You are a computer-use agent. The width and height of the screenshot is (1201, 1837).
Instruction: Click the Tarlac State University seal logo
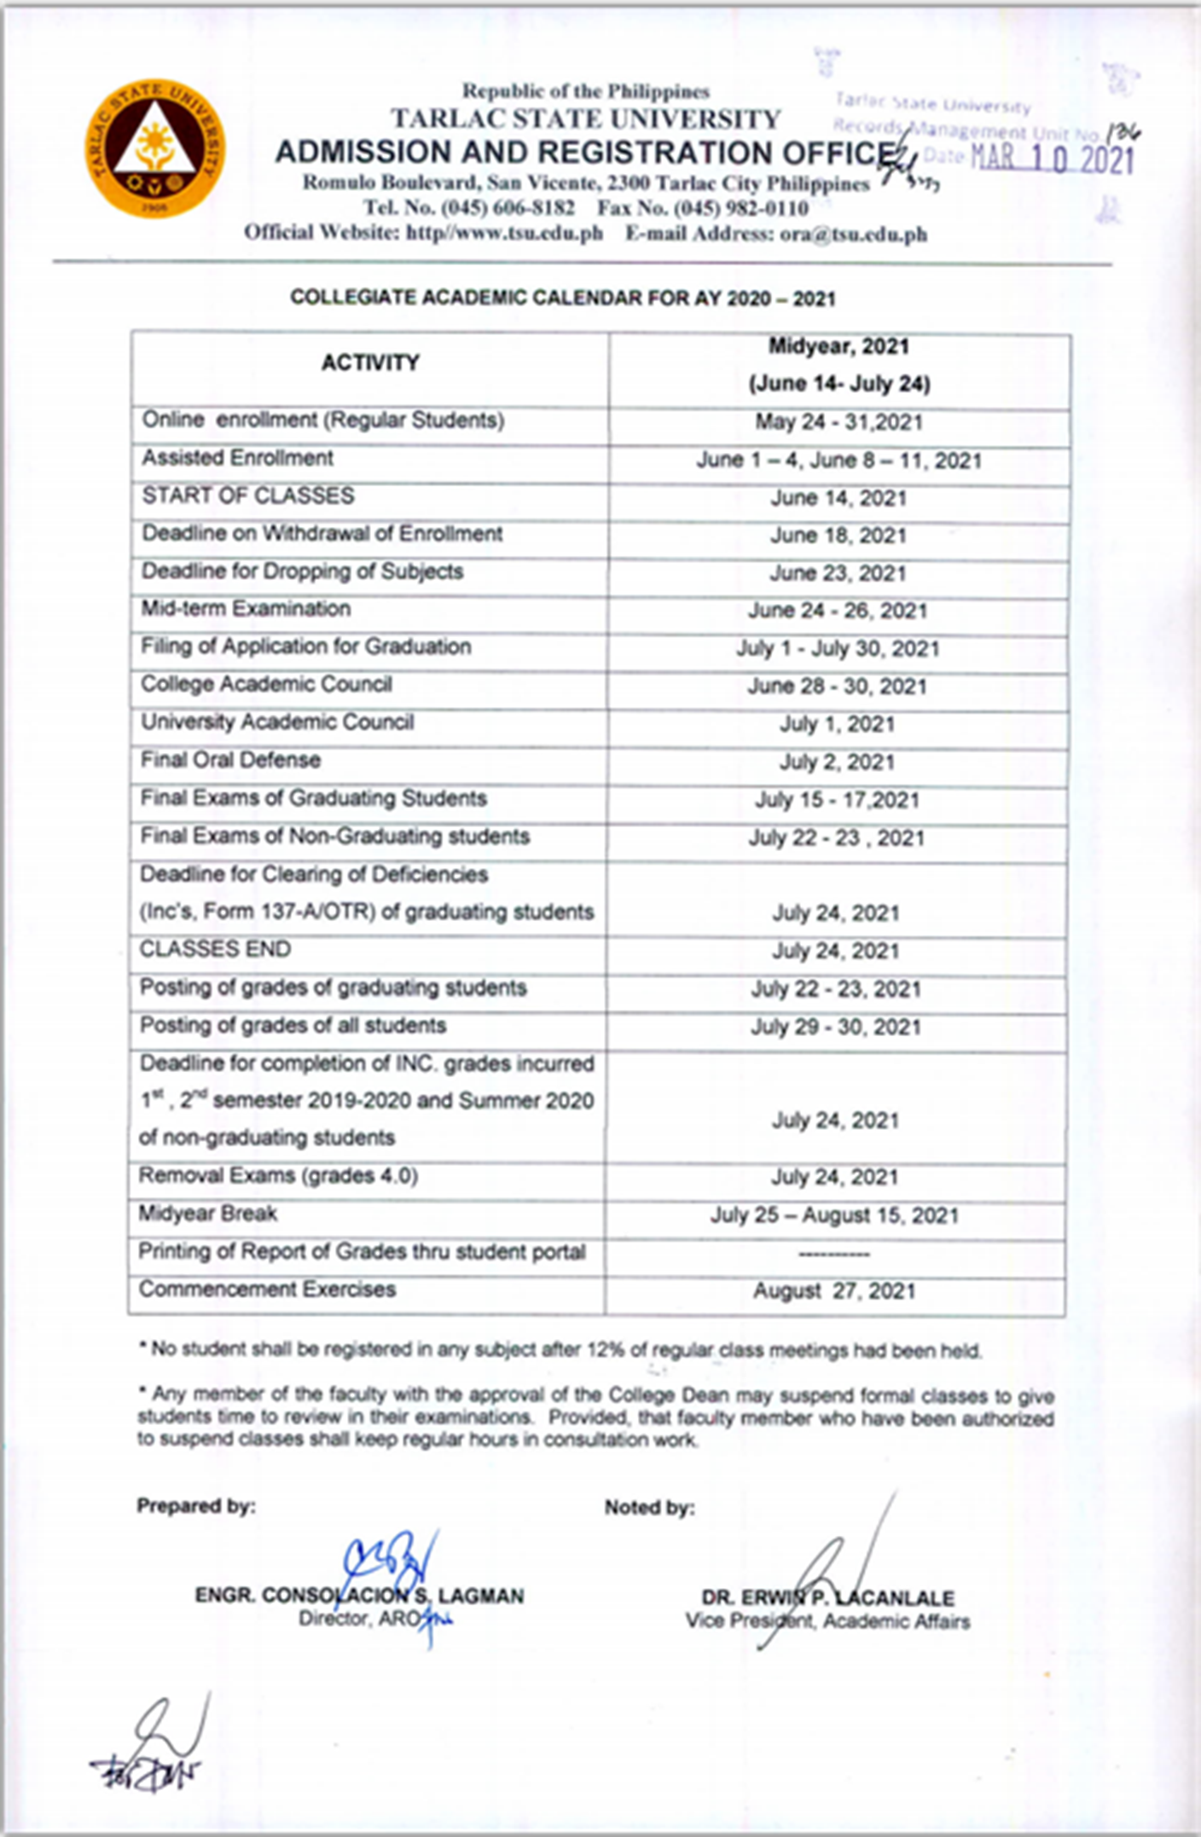(154, 148)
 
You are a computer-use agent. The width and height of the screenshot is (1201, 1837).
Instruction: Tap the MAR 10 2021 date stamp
(1053, 159)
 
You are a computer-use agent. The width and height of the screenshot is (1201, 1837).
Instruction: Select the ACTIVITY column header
(370, 363)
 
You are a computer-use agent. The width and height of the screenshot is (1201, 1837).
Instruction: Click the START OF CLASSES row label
(248, 496)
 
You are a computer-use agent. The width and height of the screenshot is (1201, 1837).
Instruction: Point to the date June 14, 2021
(838, 498)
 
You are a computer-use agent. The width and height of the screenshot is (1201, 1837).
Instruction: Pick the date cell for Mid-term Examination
(838, 611)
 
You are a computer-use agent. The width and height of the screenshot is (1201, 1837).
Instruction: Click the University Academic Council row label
(277, 722)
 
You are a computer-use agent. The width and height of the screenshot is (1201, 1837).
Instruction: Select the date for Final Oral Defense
(837, 762)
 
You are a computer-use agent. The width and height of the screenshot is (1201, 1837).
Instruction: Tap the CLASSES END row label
(215, 949)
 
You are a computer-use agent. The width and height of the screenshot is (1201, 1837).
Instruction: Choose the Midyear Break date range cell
(834, 1215)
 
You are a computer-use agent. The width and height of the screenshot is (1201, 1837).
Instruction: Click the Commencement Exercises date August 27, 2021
(834, 1291)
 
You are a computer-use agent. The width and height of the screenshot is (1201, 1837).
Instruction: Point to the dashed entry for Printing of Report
(834, 1255)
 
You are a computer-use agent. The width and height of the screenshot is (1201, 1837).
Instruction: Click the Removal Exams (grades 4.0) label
(278, 1176)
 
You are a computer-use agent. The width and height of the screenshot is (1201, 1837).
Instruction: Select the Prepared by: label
(196, 1506)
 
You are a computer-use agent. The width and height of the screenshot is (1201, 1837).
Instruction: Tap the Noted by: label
(649, 1508)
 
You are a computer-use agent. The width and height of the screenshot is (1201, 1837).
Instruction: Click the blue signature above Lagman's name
(392, 1559)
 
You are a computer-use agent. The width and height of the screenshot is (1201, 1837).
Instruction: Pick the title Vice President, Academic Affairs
(827, 1621)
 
